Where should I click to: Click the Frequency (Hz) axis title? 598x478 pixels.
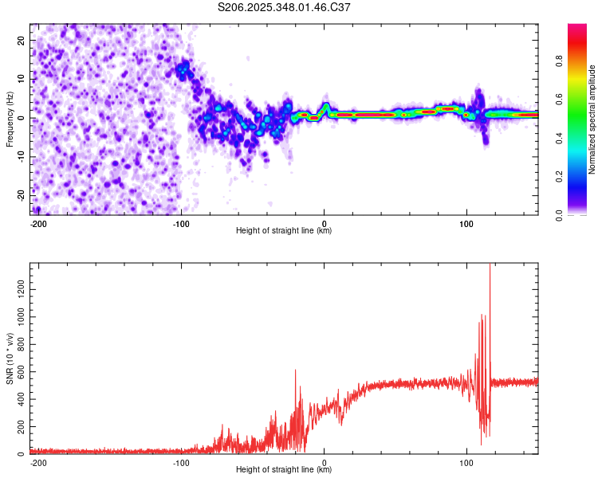pyautogui.click(x=10, y=119)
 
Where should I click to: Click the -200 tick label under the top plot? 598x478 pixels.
pyautogui.click(x=38, y=223)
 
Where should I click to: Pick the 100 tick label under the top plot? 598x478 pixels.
pyautogui.click(x=466, y=223)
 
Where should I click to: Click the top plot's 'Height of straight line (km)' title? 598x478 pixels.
pyautogui.click(x=284, y=231)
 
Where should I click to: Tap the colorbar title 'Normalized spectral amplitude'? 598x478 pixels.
pyautogui.click(x=592, y=119)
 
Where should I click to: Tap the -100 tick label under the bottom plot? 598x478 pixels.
pyautogui.click(x=181, y=462)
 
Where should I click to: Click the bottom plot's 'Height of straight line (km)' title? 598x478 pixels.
pyautogui.click(x=284, y=470)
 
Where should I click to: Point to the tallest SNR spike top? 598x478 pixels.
pyautogui.click(x=490, y=265)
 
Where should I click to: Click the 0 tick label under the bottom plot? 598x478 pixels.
pyautogui.click(x=324, y=462)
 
